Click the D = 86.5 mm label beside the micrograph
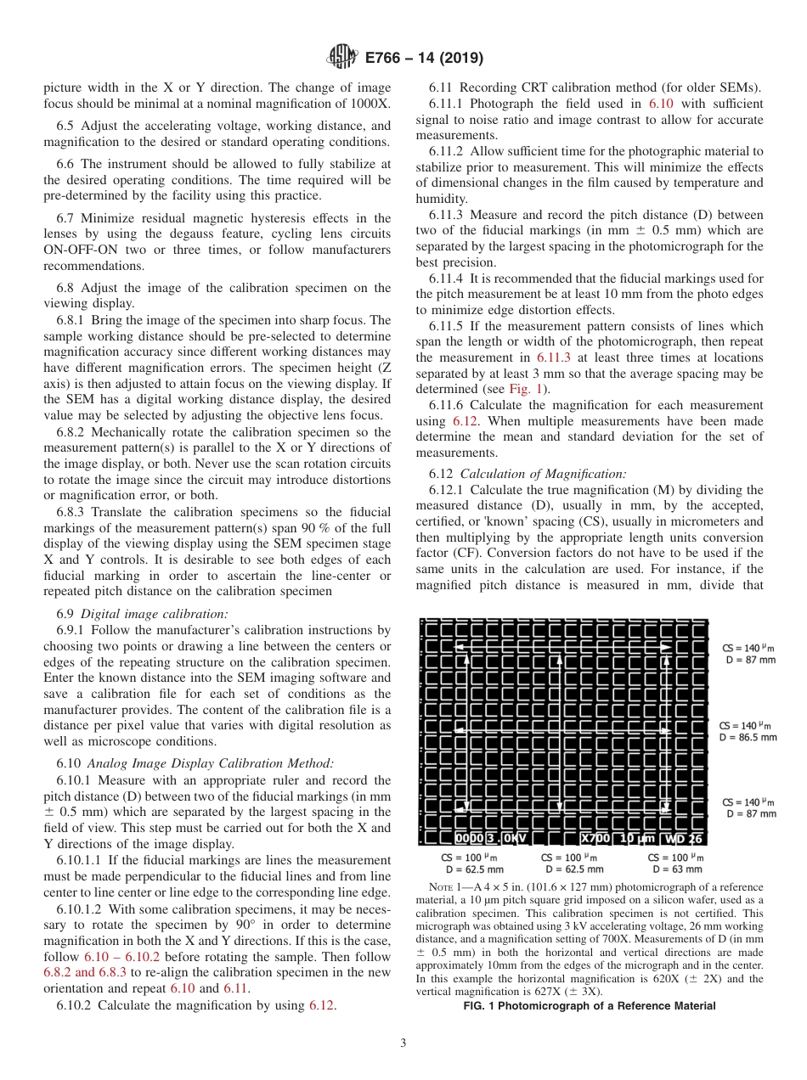748,738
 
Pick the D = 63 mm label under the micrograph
677,869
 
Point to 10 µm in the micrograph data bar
637,838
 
